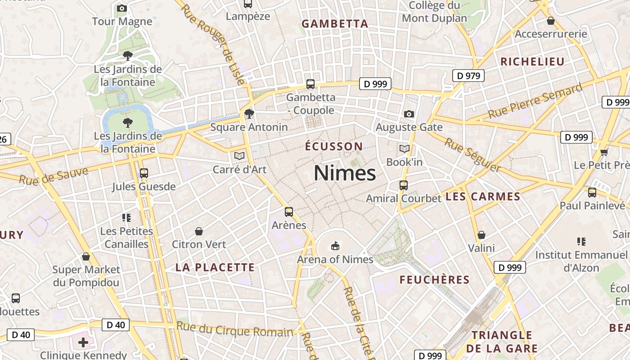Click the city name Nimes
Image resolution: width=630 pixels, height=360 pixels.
[x=345, y=173]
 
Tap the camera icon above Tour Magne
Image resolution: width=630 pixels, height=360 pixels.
[x=122, y=8]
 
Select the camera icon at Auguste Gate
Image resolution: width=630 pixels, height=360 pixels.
[x=409, y=114]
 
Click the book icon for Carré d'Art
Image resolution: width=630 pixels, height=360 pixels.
[x=239, y=156]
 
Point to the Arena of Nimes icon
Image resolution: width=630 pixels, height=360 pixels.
[x=335, y=246]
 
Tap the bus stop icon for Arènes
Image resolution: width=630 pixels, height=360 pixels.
[x=289, y=211]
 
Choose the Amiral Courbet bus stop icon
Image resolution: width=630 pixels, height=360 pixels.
[x=404, y=185]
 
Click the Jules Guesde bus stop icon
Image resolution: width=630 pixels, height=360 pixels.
[x=144, y=173]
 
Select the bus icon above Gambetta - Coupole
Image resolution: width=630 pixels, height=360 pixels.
[x=310, y=84]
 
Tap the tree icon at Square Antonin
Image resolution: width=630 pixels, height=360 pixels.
[x=249, y=113]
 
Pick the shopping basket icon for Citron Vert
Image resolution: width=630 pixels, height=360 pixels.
[x=199, y=231]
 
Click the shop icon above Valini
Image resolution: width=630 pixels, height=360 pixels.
[x=481, y=235]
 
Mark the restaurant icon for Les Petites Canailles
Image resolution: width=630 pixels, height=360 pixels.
[x=126, y=218]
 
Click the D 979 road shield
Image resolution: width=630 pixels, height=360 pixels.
[x=468, y=76]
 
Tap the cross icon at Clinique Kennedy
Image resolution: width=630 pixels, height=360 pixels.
[x=83, y=342]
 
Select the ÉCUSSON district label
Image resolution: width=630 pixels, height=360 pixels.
[x=333, y=146]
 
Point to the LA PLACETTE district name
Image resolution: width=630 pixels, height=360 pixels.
[x=215, y=267]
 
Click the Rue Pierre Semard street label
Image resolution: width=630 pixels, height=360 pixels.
[x=535, y=101]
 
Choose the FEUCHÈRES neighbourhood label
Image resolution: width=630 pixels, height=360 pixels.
[x=435, y=280]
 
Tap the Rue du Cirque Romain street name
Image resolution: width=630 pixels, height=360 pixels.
[x=234, y=329]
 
